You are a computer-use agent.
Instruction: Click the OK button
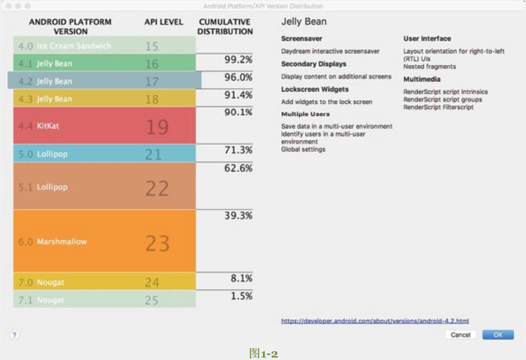click(x=498, y=335)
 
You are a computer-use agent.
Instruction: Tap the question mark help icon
click(x=15, y=335)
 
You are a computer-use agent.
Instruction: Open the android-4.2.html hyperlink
click(x=375, y=321)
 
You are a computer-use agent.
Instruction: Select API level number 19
click(x=157, y=127)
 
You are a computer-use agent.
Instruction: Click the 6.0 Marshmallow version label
click(x=52, y=242)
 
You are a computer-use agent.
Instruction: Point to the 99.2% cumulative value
click(x=238, y=60)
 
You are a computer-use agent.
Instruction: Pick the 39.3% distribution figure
click(x=238, y=216)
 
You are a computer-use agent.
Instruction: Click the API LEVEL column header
click(x=163, y=22)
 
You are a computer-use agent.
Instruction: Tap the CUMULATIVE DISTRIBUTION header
click(x=225, y=27)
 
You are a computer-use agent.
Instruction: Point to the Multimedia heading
click(x=422, y=79)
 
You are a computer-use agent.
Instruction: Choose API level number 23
click(x=157, y=243)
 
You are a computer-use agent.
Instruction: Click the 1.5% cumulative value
click(x=241, y=296)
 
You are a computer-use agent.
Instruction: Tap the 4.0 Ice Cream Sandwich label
click(x=65, y=46)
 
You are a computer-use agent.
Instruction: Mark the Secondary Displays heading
click(x=314, y=64)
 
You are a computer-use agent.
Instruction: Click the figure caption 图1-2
click(x=263, y=353)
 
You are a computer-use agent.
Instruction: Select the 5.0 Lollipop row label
click(x=43, y=154)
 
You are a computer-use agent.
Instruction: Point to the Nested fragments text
click(x=429, y=67)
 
